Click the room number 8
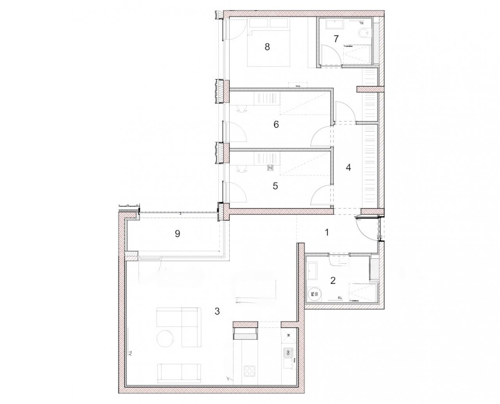coord(267,47)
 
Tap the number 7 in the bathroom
coord(336,39)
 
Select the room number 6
coord(276,125)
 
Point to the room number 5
coord(275,186)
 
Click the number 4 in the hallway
coord(348,167)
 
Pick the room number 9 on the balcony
coord(177,234)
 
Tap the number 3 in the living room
coord(217,311)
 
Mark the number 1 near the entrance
coord(327,232)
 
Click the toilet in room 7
coord(363,33)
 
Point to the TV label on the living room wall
coord(130,353)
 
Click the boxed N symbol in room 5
coord(270,168)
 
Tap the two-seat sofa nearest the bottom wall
coord(179,373)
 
